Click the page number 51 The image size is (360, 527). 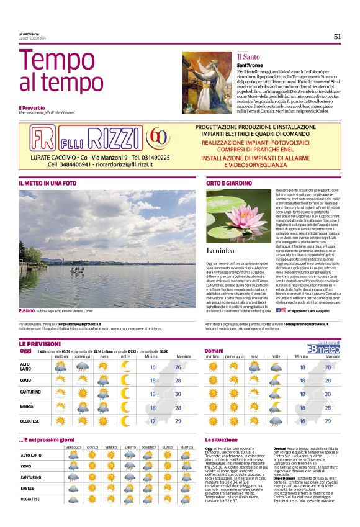337,36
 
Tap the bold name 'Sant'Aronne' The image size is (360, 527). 249,65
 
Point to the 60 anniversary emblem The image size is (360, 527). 160,137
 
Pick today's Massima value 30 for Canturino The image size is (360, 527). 178,394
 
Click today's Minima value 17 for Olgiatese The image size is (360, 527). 153,421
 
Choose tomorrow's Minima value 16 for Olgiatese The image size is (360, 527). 302,421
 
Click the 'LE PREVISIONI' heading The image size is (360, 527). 40,343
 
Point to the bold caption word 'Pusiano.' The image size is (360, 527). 27,310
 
